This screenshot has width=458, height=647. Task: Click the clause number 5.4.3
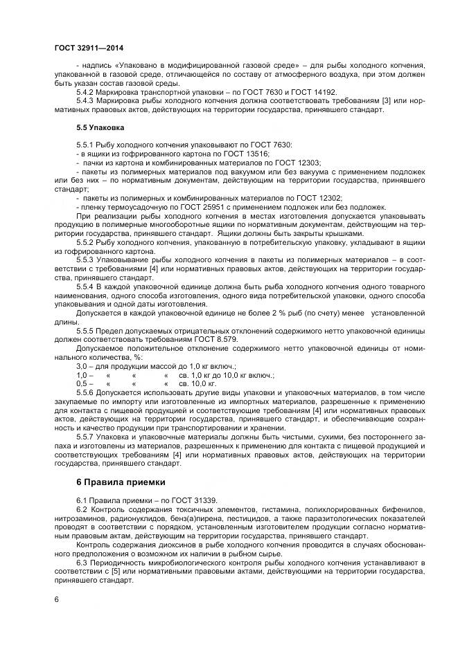87,101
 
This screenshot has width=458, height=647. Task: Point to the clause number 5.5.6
87,392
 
